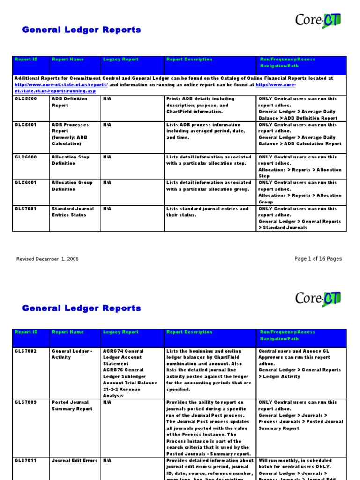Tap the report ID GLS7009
[25, 402]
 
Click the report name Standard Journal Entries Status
[73, 212]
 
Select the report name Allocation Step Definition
[72, 160]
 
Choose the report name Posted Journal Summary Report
[72, 405]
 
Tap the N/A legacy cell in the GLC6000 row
[107, 157]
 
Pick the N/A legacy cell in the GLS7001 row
[107, 209]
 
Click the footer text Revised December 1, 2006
[47, 259]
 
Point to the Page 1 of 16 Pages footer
[318, 259]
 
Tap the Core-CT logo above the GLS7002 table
[318, 298]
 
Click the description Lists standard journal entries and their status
[207, 212]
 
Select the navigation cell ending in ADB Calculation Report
[300, 135]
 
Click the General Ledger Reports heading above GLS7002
[82, 308]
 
